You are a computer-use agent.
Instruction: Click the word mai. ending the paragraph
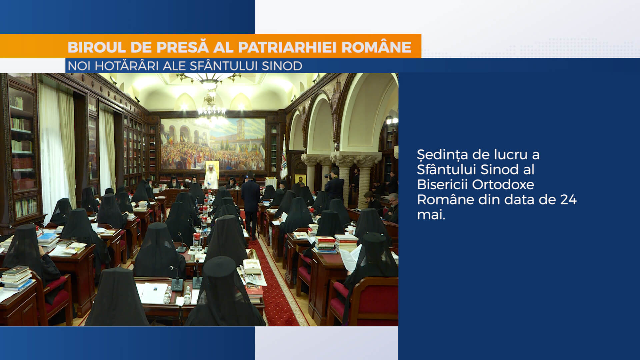431,215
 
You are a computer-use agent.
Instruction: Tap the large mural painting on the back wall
213,144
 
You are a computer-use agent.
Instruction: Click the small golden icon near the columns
300,180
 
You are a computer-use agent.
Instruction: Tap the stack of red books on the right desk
325,245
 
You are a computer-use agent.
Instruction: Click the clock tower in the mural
240,130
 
